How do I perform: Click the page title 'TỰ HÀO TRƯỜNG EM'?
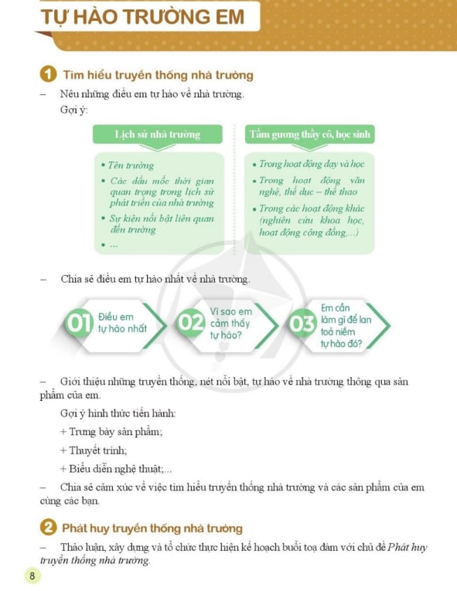pyautogui.click(x=142, y=17)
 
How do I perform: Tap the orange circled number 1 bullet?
pyautogui.click(x=48, y=74)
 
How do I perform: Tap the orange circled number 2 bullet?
pyautogui.click(x=48, y=528)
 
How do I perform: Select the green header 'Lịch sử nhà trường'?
pyautogui.click(x=158, y=134)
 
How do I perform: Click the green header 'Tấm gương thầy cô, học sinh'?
pyautogui.click(x=309, y=134)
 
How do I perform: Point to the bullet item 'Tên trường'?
pyautogui.click(x=128, y=165)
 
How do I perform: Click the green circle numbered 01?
pyautogui.click(x=79, y=323)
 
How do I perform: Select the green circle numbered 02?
pyautogui.click(x=191, y=323)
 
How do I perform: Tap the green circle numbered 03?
pyautogui.click(x=302, y=324)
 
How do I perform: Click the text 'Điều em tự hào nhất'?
pyautogui.click(x=122, y=323)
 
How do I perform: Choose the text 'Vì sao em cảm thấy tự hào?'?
pyautogui.click(x=231, y=323)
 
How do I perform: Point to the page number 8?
pyautogui.click(x=32, y=576)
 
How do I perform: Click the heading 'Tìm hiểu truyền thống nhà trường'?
pyautogui.click(x=158, y=75)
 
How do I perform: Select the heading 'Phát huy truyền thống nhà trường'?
pyautogui.click(x=152, y=528)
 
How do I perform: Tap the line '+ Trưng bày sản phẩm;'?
pyautogui.click(x=111, y=432)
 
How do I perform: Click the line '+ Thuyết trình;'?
pyautogui.click(x=94, y=450)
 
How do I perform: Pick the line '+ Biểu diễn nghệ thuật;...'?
pyautogui.click(x=116, y=469)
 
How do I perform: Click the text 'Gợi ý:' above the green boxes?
pyautogui.click(x=74, y=110)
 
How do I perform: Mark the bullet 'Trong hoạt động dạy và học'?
pyautogui.click(x=309, y=164)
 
